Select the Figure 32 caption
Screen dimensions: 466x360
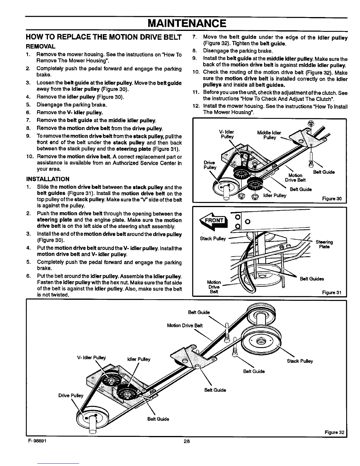click(334, 432)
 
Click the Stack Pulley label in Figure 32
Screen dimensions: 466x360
click(300, 361)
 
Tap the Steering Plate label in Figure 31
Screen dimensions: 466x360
click(324, 244)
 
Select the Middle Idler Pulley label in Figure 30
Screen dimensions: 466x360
click(269, 135)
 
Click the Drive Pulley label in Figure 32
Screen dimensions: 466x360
click(71, 395)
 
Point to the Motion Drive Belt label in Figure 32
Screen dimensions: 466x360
click(185, 325)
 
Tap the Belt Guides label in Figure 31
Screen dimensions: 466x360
click(312, 279)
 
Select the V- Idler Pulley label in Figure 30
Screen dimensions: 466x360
click(227, 134)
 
